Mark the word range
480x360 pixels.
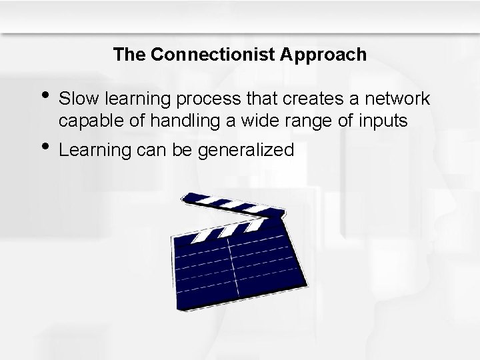tap(317, 123)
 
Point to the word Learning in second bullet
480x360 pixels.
tap(93, 150)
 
